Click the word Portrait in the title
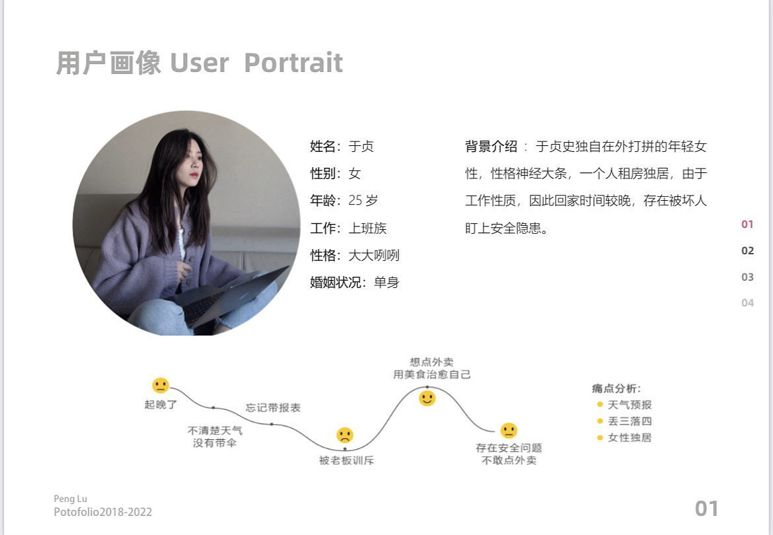click(x=293, y=63)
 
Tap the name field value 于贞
click(x=361, y=147)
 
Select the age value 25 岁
click(x=363, y=201)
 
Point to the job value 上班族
click(x=367, y=229)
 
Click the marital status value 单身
click(x=386, y=283)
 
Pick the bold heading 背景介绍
click(x=491, y=147)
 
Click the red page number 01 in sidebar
click(x=747, y=225)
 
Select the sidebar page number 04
click(x=747, y=303)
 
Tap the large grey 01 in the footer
click(x=706, y=509)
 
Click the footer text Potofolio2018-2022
click(x=103, y=512)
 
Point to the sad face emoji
click(x=345, y=435)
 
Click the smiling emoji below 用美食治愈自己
click(x=427, y=398)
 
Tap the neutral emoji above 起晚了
click(x=161, y=385)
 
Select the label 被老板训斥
click(x=346, y=460)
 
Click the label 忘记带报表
click(x=273, y=408)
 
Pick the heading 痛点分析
click(x=616, y=389)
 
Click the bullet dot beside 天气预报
click(x=600, y=405)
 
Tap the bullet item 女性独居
click(x=629, y=437)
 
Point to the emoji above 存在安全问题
click(x=509, y=431)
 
